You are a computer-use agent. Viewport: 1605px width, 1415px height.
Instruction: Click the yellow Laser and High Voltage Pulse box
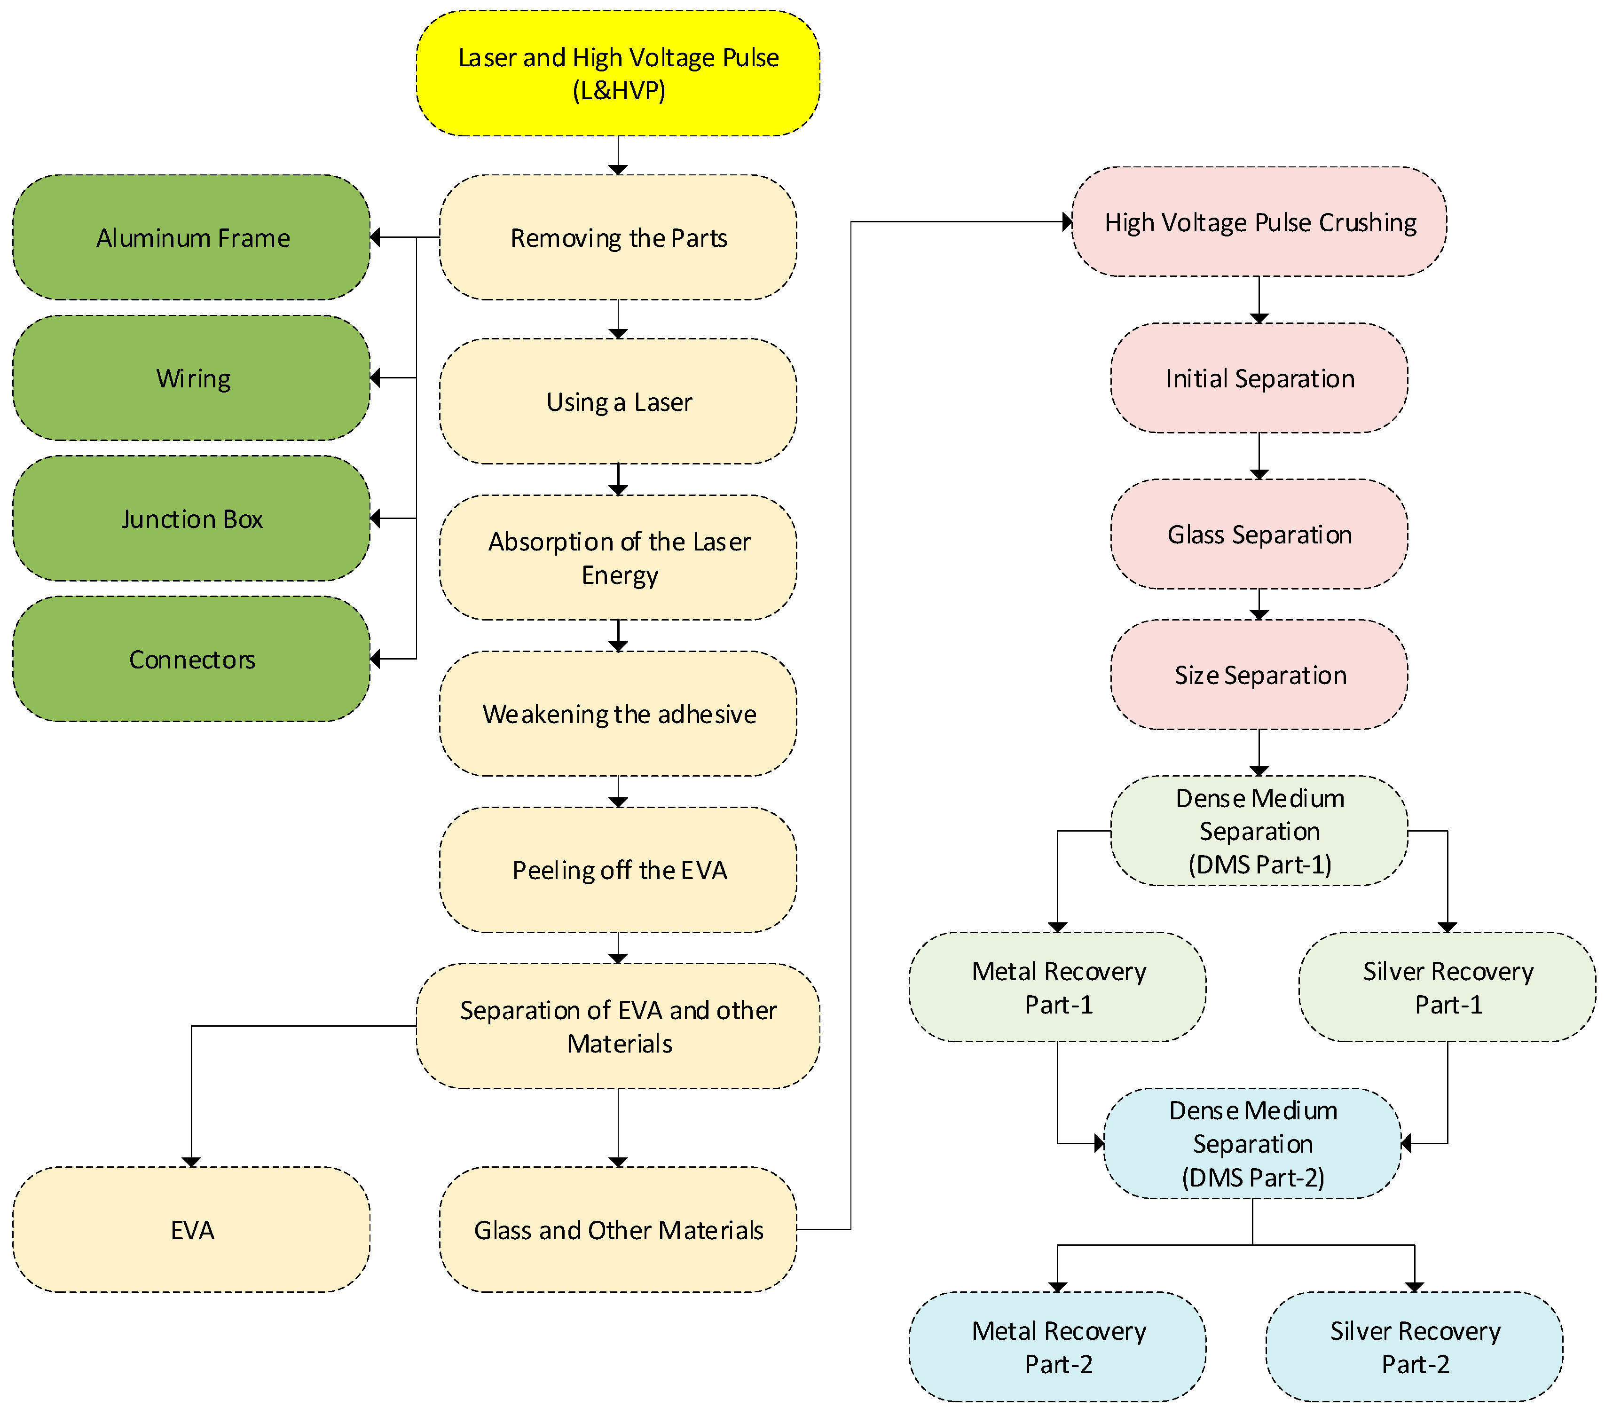tap(618, 73)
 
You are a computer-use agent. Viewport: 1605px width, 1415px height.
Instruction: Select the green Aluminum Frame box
tap(192, 237)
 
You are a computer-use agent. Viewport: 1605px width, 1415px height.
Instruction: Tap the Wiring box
tap(192, 377)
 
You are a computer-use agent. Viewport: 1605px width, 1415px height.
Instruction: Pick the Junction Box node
tap(192, 518)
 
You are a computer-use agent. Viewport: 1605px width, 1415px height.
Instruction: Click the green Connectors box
tap(192, 659)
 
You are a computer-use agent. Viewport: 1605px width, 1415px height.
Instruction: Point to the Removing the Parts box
tap(618, 237)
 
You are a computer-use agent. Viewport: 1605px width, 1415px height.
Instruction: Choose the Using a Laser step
tap(618, 401)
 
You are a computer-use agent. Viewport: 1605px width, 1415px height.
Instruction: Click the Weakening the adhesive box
tap(618, 714)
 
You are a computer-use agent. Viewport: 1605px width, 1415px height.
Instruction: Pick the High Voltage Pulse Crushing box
tap(1259, 221)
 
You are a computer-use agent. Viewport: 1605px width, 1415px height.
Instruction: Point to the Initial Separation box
tap(1259, 377)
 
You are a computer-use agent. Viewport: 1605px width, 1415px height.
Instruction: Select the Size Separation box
tap(1259, 675)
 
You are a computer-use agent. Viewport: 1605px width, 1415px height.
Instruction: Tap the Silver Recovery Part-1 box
tap(1447, 987)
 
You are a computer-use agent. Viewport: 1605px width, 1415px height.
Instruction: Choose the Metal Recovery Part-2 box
tap(1058, 1347)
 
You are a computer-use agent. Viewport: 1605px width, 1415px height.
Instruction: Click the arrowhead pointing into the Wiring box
tap(375, 377)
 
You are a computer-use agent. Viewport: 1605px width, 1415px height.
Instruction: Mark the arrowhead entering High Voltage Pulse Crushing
tap(1067, 221)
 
